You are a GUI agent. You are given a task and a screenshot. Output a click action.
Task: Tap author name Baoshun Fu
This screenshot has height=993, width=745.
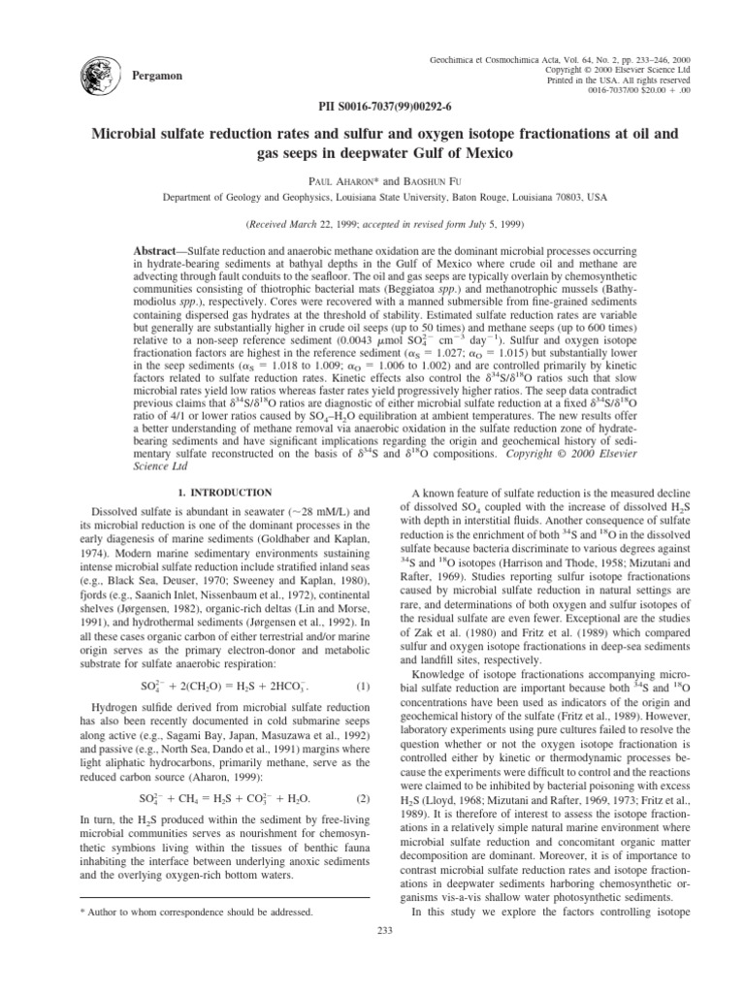418,180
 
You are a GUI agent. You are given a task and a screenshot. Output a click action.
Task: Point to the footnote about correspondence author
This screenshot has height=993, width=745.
203,913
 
